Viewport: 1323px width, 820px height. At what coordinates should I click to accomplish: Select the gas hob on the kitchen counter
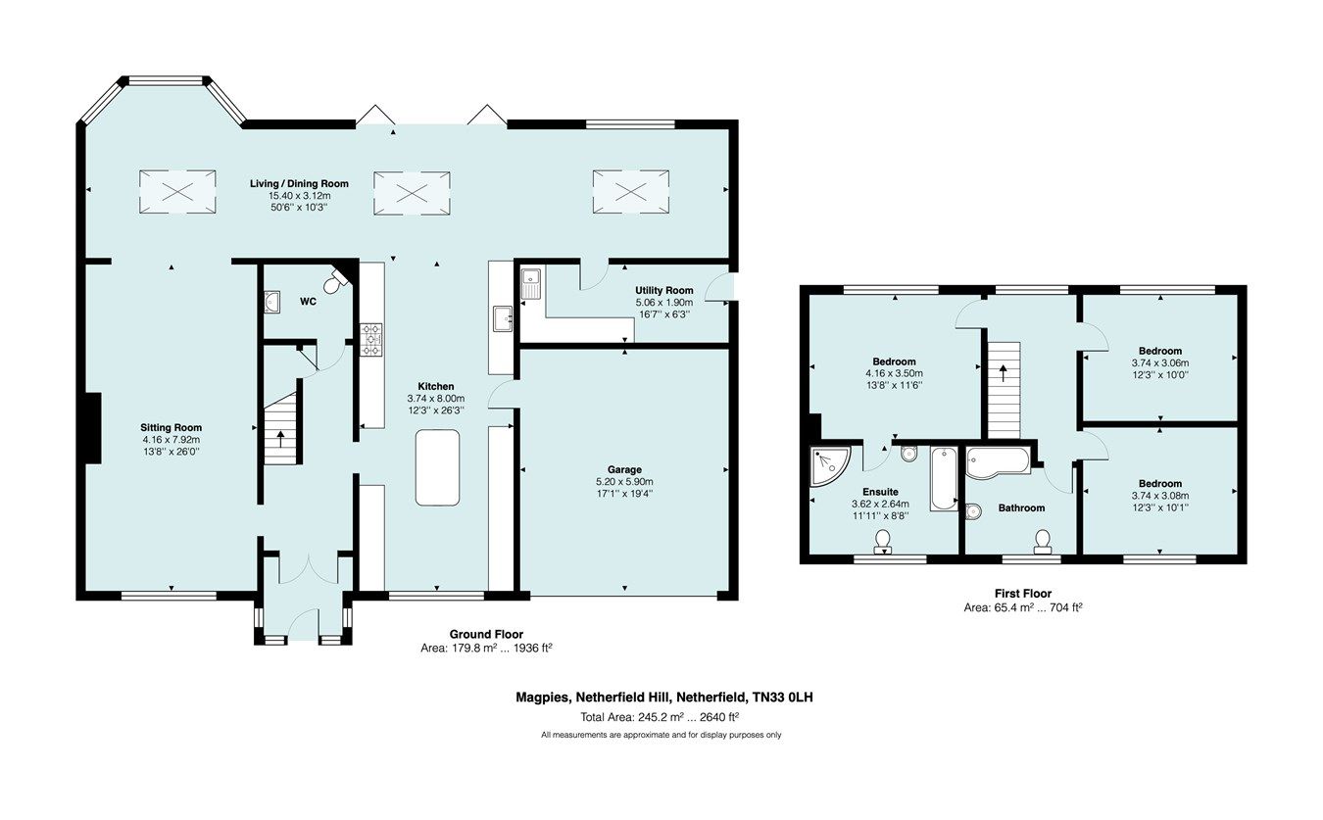372,340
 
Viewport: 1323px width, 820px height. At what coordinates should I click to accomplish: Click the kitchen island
437,467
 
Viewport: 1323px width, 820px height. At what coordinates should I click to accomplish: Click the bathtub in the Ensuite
943,478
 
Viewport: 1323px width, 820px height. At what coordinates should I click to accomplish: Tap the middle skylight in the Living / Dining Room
412,191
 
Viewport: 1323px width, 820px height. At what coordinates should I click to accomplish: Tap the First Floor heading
1023,594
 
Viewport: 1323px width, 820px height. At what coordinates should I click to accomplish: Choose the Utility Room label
663,290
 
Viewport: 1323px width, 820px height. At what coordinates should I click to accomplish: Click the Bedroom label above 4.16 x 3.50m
893,361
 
